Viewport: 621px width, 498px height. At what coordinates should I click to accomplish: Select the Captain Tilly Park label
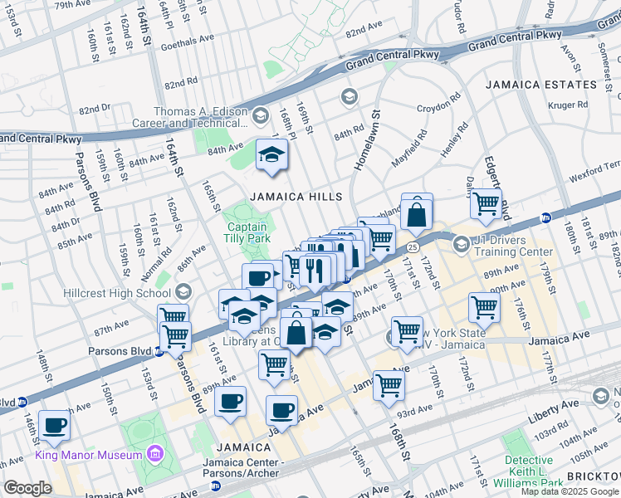click(x=247, y=232)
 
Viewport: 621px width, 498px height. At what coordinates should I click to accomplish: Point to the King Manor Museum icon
click(x=154, y=453)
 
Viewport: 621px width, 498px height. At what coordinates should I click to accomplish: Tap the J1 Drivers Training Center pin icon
click(x=462, y=244)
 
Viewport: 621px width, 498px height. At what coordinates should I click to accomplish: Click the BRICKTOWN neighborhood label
click(x=593, y=477)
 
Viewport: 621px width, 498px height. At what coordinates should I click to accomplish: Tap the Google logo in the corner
click(x=27, y=488)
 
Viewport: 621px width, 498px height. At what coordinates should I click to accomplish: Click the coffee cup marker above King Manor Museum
click(x=55, y=426)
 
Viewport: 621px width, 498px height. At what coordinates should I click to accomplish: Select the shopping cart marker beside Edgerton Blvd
click(x=486, y=202)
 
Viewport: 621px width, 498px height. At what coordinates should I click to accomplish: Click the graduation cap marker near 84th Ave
click(x=271, y=155)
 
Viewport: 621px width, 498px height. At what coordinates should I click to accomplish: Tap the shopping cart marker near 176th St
click(x=484, y=307)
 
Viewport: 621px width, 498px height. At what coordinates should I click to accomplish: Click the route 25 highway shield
click(x=412, y=247)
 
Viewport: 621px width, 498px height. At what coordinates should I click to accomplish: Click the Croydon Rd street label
click(x=438, y=107)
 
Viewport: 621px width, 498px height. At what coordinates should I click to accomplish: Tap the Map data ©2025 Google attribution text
click(x=569, y=491)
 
